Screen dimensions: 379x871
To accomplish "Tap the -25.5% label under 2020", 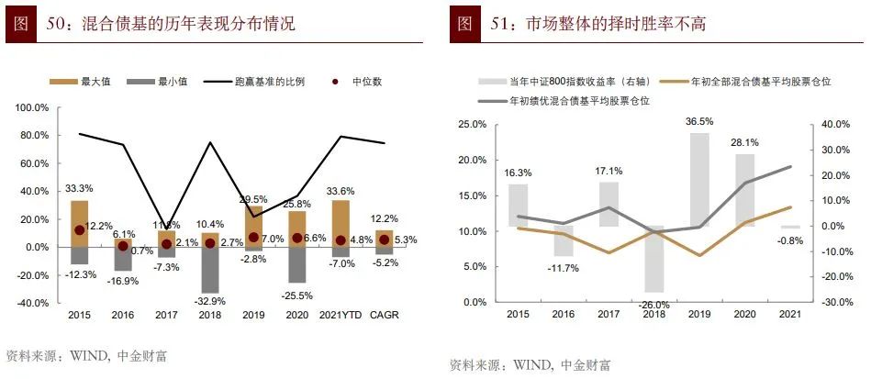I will pos(297,295).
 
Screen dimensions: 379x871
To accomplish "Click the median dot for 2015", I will pos(80,230).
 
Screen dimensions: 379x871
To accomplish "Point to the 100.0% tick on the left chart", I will pos(33,108).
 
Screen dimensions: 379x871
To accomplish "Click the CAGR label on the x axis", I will pos(385,315).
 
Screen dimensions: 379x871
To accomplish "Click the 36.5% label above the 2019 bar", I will pos(699,121).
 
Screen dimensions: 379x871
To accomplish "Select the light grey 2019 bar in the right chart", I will pos(699,179).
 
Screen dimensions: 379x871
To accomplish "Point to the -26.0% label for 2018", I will pos(655,305).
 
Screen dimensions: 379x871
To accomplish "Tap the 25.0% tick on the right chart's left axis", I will pos(471,124).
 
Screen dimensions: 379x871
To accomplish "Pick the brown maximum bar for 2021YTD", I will pos(341,223).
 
